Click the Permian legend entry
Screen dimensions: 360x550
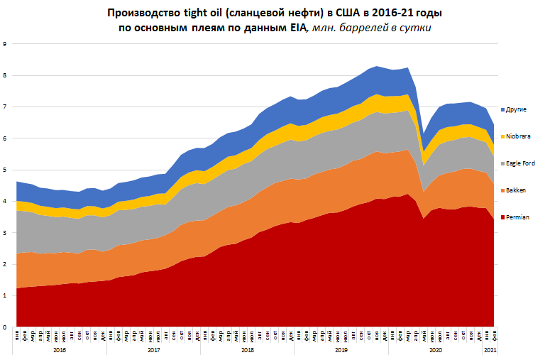pyautogui.click(x=519, y=217)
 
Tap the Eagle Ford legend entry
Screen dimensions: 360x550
pyautogui.click(x=522, y=163)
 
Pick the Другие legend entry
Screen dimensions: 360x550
pyautogui.click(x=518, y=110)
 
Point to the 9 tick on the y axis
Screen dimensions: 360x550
pyautogui.click(x=5, y=44)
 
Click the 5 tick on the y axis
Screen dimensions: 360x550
pyautogui.click(x=5, y=170)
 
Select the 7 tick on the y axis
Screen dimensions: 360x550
pyautogui.click(x=5, y=107)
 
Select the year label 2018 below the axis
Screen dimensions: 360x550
pyautogui.click(x=248, y=350)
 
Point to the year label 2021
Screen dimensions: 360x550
pyautogui.click(x=489, y=350)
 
